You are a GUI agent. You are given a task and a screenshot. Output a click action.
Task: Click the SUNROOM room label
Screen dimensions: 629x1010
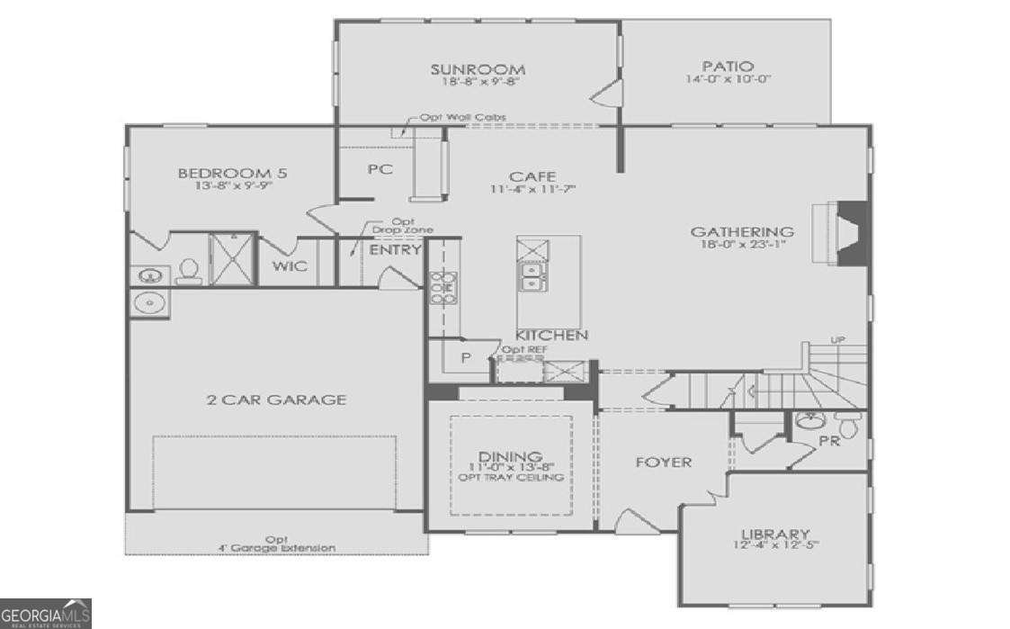(477, 69)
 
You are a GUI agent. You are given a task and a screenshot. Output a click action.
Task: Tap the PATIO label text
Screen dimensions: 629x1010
(728, 67)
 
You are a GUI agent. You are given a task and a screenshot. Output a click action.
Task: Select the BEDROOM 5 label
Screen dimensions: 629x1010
(232, 174)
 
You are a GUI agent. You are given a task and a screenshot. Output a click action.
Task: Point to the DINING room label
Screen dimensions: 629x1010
(510, 456)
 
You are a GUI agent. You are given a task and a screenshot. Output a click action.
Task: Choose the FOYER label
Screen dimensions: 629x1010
(664, 463)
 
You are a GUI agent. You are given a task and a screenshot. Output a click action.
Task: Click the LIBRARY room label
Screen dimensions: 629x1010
(774, 534)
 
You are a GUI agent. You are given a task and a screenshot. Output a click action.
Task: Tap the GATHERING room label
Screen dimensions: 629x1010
(742, 232)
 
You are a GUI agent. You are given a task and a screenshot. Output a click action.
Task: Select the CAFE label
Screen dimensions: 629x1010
(532, 176)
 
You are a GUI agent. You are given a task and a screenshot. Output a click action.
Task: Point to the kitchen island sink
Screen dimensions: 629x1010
(531, 283)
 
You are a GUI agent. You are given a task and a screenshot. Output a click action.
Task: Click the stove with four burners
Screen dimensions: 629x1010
(442, 288)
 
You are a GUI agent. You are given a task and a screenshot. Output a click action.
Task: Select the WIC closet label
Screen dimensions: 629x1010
(290, 266)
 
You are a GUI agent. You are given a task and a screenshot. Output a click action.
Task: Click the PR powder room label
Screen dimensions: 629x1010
(828, 441)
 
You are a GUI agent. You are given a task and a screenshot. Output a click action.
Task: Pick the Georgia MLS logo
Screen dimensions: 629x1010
(45, 614)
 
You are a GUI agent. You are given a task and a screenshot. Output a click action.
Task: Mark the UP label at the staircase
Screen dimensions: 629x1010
(838, 340)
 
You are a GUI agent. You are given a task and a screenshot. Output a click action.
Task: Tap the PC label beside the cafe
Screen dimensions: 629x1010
(380, 169)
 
